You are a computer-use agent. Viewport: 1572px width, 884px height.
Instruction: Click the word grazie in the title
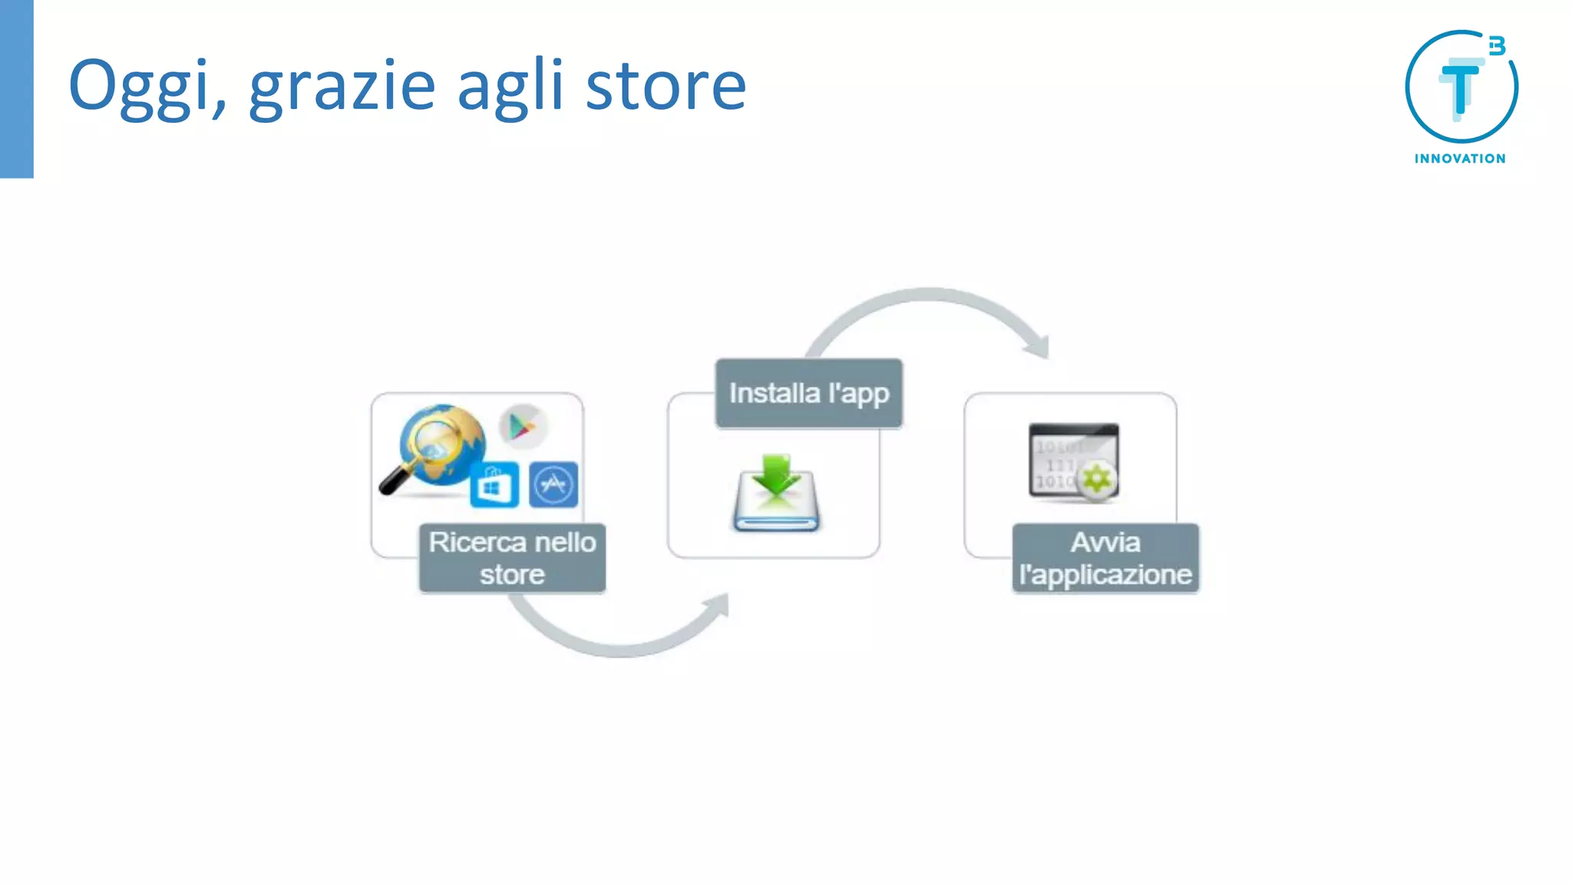(x=342, y=86)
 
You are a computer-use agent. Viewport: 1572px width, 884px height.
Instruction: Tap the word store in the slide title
(x=665, y=86)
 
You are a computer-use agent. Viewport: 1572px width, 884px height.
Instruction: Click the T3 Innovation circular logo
(x=1461, y=86)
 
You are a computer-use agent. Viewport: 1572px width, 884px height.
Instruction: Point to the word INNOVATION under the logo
(x=1460, y=159)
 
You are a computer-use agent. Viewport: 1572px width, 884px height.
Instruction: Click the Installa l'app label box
(x=809, y=393)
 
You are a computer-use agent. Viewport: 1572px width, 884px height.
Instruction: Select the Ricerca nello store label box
(x=512, y=558)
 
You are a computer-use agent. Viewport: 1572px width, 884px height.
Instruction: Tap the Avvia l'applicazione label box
(x=1105, y=558)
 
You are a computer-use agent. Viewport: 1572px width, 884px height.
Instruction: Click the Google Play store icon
(x=523, y=426)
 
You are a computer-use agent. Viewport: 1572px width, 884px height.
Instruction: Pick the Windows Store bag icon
(x=494, y=484)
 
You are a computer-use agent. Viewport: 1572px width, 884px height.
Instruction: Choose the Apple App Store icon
(x=553, y=484)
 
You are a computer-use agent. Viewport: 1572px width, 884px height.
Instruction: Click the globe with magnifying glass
(x=442, y=445)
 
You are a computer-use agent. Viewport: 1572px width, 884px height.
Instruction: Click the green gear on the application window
(x=1097, y=480)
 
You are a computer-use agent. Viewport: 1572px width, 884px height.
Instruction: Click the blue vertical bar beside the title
(x=16, y=88)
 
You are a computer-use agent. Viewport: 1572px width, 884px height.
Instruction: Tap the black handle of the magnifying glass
(x=395, y=481)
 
